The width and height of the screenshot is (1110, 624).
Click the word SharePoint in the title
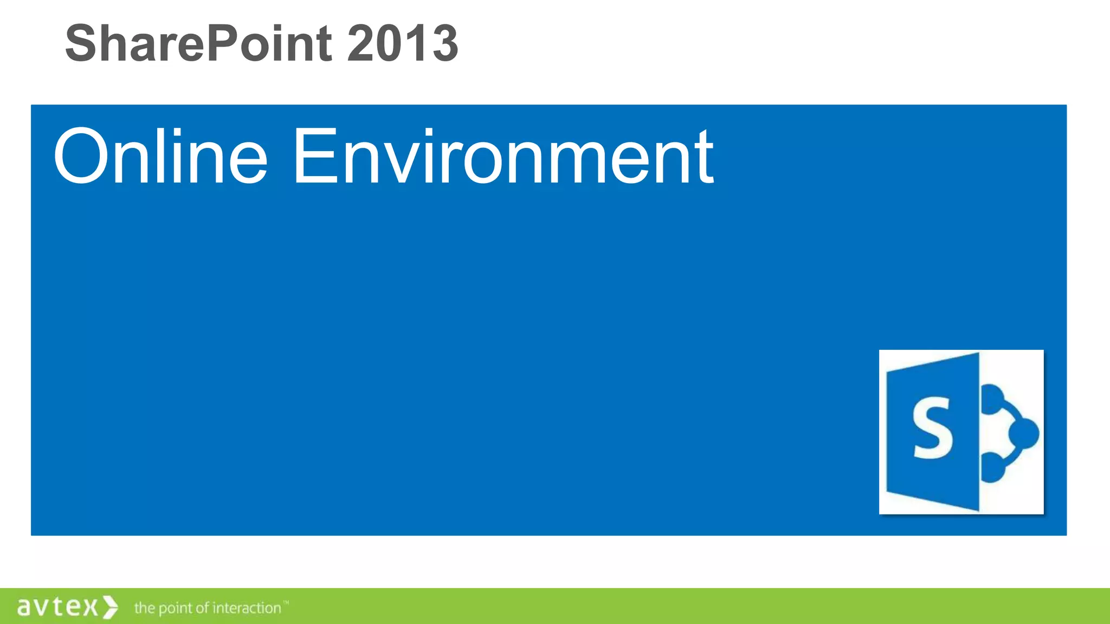[198, 43]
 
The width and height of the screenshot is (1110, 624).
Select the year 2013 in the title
[402, 43]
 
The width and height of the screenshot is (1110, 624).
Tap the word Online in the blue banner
[160, 157]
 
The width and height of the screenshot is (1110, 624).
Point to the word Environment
[503, 157]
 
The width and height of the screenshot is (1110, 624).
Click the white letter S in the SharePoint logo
[932, 428]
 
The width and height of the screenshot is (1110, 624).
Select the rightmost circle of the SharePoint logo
[1024, 433]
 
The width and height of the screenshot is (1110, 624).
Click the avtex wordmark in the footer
[57, 607]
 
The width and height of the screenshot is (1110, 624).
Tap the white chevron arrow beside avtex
[110, 607]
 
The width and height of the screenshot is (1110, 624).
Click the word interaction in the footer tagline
[247, 608]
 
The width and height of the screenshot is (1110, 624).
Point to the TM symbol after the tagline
[286, 602]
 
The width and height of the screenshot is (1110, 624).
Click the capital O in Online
[81, 157]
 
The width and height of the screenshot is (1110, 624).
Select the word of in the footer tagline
[202, 608]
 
